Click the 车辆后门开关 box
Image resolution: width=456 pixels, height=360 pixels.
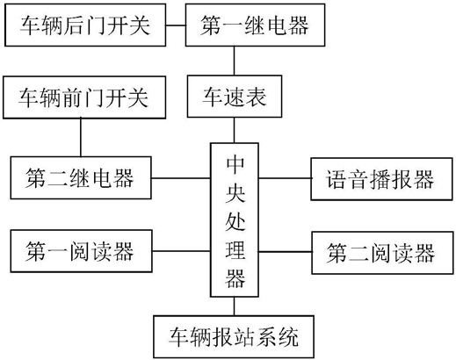(x=85, y=25)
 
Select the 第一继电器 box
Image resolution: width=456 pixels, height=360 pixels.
(x=255, y=25)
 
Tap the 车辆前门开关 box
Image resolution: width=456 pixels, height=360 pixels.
(x=84, y=97)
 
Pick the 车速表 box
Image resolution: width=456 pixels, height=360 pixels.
(x=235, y=97)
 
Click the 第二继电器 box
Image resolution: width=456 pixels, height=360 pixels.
(x=81, y=177)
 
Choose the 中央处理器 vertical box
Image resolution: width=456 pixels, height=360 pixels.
(x=235, y=220)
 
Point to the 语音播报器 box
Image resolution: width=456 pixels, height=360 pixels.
(x=381, y=179)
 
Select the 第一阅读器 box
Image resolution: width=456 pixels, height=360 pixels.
(x=81, y=251)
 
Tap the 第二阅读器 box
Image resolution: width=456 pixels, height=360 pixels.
(x=382, y=253)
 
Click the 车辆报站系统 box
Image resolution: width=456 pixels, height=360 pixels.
(x=234, y=336)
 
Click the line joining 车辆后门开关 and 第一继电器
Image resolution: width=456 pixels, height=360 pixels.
(x=176, y=25)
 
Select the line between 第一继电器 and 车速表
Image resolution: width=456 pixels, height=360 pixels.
(x=234, y=61)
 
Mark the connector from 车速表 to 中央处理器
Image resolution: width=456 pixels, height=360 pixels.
(x=234, y=130)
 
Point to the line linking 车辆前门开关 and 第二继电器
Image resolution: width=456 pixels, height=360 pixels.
(x=81, y=138)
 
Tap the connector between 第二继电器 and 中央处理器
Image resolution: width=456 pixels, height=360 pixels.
(x=181, y=178)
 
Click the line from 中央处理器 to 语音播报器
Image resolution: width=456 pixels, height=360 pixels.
(x=285, y=178)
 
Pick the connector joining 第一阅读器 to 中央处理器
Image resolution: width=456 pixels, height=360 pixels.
(x=181, y=251)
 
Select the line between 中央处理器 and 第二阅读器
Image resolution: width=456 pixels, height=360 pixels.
(x=285, y=251)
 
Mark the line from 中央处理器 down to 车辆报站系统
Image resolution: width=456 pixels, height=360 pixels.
(x=234, y=306)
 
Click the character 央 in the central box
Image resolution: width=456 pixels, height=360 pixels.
(x=235, y=192)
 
